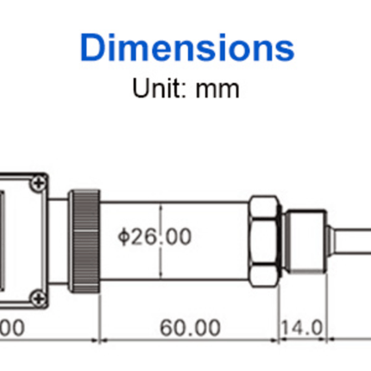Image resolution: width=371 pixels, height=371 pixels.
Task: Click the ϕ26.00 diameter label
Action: [x=154, y=236]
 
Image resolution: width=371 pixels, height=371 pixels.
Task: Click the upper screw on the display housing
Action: [x=37, y=184]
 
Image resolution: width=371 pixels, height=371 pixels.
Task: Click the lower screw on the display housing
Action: [x=37, y=299]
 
